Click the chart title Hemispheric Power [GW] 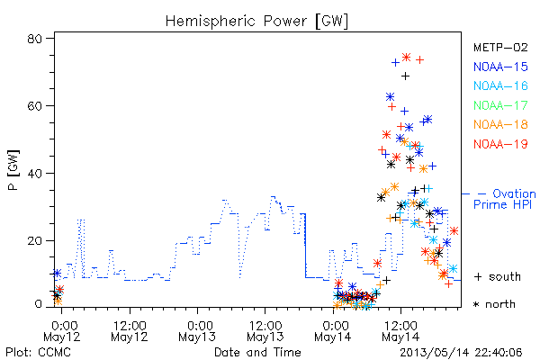click(256, 22)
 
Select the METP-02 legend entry click(500, 48)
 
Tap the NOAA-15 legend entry click(500, 67)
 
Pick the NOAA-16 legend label click(500, 85)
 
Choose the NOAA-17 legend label click(500, 105)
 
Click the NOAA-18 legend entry click(500, 124)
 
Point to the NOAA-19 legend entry click(500, 144)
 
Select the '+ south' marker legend click(498, 276)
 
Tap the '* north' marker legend click(494, 304)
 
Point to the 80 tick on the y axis click(35, 39)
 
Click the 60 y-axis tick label click(35, 106)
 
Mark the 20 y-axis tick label click(35, 240)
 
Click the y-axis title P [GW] click(13, 170)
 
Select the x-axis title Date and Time click(257, 353)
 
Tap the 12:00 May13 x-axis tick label click(265, 331)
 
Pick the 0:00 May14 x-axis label click(333, 331)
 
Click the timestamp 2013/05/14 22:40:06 click(461, 353)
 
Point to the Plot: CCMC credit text click(38, 353)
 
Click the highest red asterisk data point click(407, 58)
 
